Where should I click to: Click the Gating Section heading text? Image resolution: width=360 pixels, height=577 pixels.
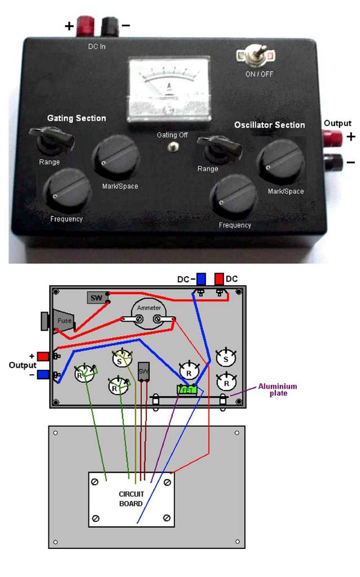(76, 118)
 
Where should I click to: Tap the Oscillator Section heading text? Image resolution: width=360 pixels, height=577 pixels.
(269, 125)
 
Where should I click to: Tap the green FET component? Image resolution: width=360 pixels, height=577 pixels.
(186, 389)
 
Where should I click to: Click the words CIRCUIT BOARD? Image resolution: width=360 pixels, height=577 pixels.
(131, 498)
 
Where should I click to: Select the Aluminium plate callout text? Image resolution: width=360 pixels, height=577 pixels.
(277, 389)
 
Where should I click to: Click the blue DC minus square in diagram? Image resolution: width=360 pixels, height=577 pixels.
(201, 279)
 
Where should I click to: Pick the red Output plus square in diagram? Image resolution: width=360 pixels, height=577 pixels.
(43, 356)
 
